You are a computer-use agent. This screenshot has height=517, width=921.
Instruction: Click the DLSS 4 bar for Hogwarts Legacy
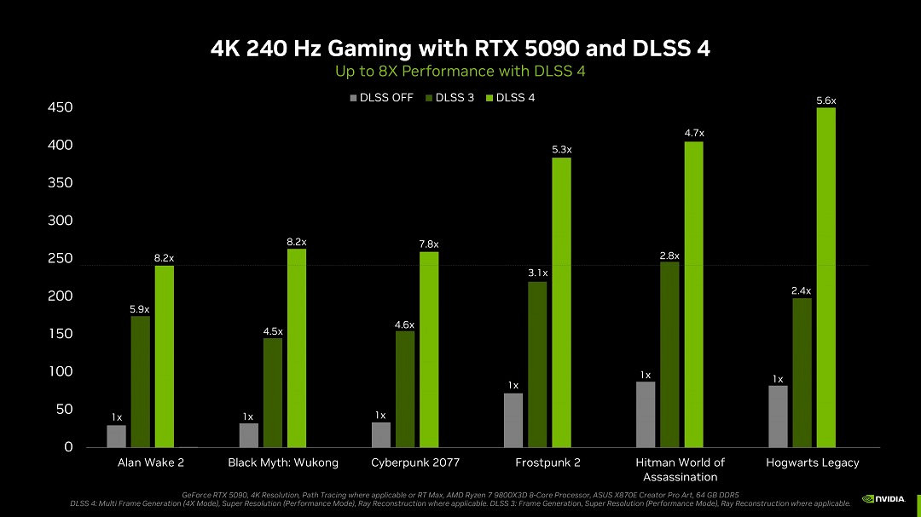tap(825, 278)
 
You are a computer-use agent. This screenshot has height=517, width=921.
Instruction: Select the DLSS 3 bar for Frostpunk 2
tap(537, 365)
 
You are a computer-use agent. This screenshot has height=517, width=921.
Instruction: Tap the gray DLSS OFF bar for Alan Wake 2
tap(116, 436)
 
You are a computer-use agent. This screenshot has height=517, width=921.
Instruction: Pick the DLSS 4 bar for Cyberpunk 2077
tap(429, 349)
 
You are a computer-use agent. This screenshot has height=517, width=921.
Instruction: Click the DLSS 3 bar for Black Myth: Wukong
tap(273, 393)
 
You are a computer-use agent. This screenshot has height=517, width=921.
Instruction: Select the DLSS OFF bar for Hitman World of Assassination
tap(646, 414)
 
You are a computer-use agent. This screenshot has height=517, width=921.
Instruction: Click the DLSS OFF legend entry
tap(381, 98)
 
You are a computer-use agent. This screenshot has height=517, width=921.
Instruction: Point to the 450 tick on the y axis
tap(61, 108)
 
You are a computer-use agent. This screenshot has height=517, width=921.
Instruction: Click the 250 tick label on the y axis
tap(61, 259)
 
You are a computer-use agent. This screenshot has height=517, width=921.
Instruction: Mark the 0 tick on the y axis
tap(68, 447)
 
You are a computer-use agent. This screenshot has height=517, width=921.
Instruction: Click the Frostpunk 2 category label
tap(547, 462)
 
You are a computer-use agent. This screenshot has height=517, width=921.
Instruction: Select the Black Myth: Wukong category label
tap(283, 462)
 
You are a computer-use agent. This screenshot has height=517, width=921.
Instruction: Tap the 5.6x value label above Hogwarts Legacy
tap(825, 101)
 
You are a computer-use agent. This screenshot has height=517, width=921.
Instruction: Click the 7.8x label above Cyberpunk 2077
tap(429, 244)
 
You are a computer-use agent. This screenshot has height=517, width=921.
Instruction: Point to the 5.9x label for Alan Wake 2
tap(140, 309)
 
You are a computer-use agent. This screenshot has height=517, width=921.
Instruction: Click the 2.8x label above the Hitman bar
tap(669, 256)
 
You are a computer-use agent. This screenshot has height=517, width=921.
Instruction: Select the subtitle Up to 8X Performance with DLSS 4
tap(460, 72)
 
